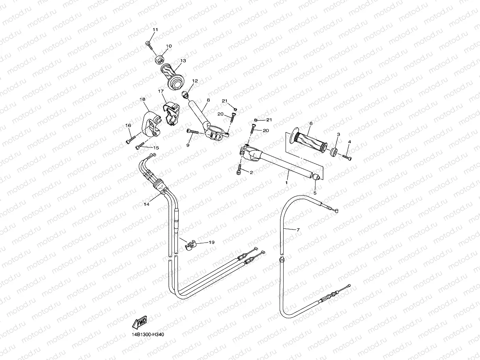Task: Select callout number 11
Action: pos(155,30)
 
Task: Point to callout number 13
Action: pos(183,61)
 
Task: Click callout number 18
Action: pos(142,99)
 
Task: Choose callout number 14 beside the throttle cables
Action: pos(146,204)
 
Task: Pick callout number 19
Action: pos(211,242)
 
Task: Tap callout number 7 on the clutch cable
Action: pos(298,230)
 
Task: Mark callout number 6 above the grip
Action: pos(311,123)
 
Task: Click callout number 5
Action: pos(315,193)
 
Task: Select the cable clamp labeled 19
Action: pos(191,246)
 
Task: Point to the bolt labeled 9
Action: pos(192,132)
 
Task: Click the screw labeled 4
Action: pos(347,157)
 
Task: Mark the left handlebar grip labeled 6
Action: pos(308,140)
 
